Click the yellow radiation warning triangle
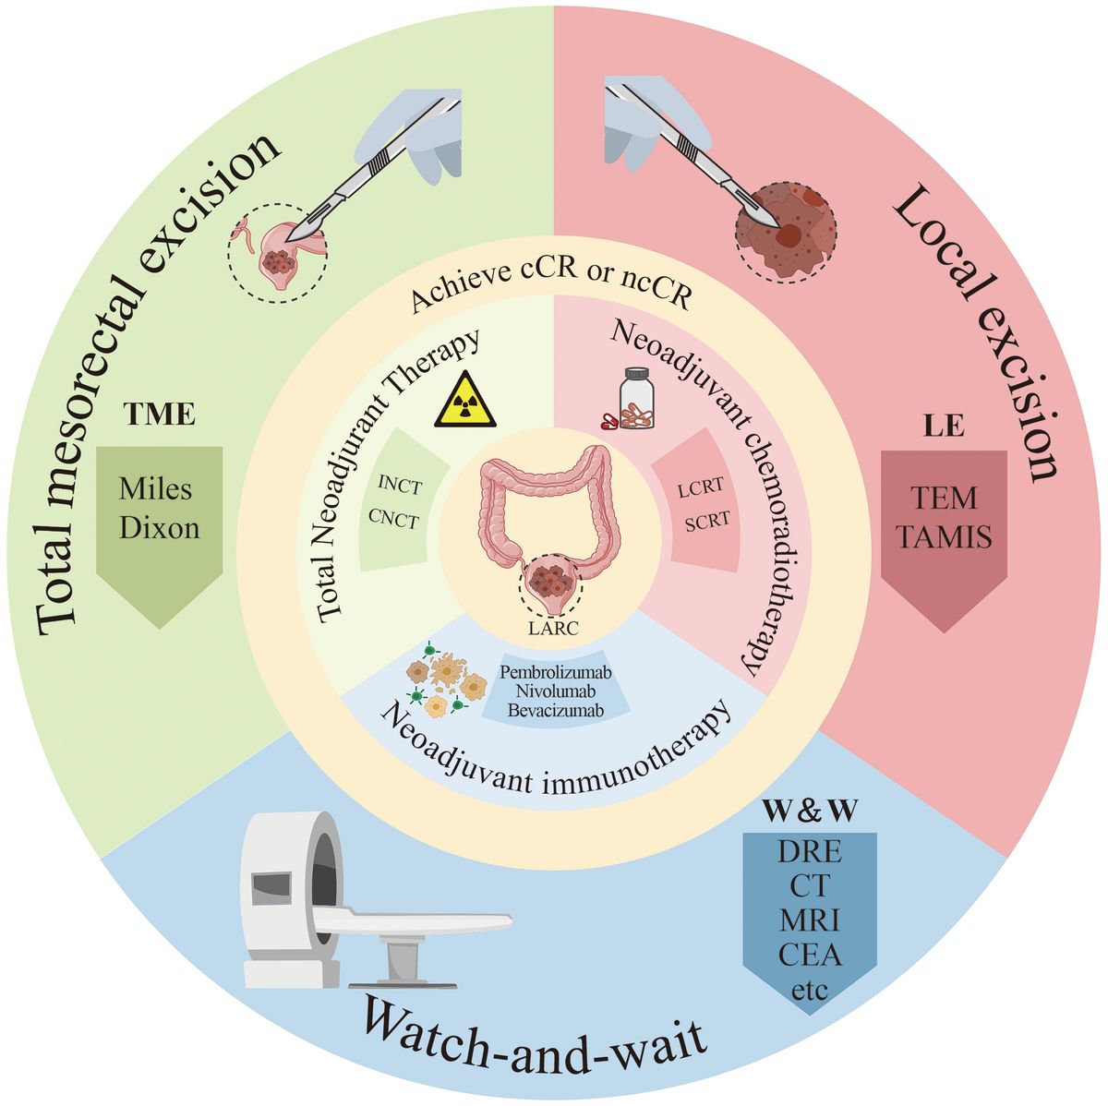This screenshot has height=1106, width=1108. tap(465, 402)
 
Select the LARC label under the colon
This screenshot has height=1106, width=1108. tap(552, 629)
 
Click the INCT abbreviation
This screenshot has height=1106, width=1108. tap(399, 482)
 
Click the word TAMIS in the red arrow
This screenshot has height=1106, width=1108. tap(944, 535)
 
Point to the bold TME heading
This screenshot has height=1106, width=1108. tap(160, 415)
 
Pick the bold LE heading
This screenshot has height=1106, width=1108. tap(943, 426)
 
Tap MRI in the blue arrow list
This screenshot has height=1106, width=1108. tap(810, 920)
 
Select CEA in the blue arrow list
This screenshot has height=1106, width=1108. tap(810, 955)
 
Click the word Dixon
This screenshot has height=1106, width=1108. tap(159, 527)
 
